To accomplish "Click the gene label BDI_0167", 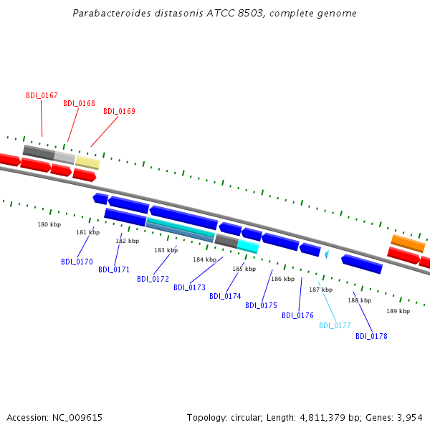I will (x=42, y=95).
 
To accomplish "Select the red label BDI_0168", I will (x=79, y=103).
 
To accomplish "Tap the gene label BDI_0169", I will (x=119, y=111).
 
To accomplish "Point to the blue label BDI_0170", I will (x=77, y=262).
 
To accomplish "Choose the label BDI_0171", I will (x=114, y=269).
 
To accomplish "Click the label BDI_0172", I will (x=153, y=279).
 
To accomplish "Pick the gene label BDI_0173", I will (x=189, y=287).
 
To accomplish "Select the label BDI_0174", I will (x=225, y=296).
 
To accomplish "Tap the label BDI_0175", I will (x=261, y=305).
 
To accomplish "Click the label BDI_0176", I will (x=297, y=315).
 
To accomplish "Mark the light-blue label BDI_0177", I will (x=335, y=325).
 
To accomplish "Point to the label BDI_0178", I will (x=371, y=336).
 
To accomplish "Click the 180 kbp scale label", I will (x=49, y=224).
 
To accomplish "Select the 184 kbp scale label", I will (x=204, y=259).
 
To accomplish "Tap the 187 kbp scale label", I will (x=320, y=290).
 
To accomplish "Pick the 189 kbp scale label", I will (x=398, y=311).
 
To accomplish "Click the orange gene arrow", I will (x=408, y=243).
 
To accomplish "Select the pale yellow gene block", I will (x=87, y=163).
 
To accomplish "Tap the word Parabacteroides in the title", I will (x=109, y=14).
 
